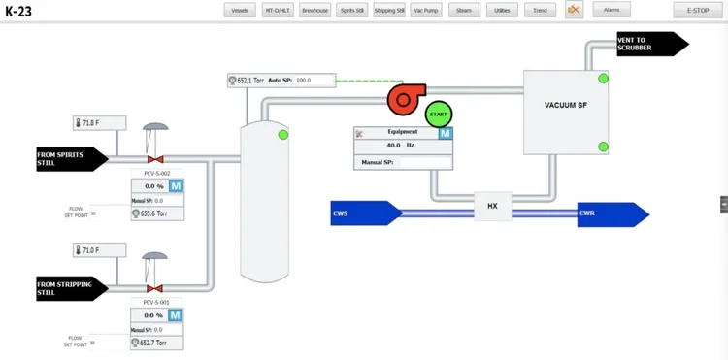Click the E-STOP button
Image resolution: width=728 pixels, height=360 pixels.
point(697,10)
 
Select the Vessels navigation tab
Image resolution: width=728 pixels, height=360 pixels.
point(240,11)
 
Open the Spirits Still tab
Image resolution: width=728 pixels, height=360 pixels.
point(351,11)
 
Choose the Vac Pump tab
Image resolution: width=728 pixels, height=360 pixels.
point(426,11)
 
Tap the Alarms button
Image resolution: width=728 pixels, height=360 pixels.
point(612,10)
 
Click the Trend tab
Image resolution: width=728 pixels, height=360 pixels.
point(540,11)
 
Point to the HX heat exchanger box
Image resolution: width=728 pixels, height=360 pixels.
point(492,205)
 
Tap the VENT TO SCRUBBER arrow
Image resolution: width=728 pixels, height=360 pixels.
point(648,44)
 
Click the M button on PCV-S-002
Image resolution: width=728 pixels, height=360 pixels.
point(177,185)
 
